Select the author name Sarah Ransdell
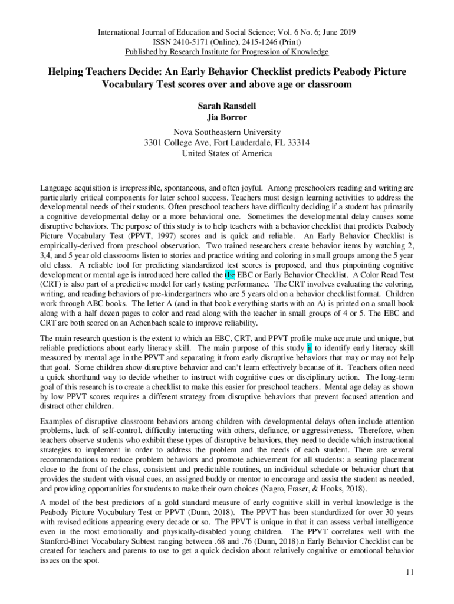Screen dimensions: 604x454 227,107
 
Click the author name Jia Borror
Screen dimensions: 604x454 227,117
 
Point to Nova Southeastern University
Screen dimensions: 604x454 227,132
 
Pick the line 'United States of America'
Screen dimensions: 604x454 227,153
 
